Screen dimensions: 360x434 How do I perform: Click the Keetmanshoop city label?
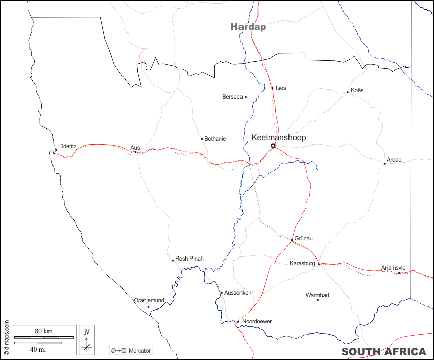278,137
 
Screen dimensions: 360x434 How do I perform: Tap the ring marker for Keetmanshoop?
273,146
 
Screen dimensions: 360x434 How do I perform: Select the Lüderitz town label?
67,146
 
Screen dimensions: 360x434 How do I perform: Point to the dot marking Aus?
135,152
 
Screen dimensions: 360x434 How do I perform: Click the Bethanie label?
215,139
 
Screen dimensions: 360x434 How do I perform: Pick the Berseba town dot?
246,97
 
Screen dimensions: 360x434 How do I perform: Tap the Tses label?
280,88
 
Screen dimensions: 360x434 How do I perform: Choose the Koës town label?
357,90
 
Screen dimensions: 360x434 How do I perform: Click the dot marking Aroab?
384,163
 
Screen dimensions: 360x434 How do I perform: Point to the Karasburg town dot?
319,264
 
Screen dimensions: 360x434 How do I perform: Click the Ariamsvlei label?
394,268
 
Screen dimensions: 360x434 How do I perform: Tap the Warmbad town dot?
318,300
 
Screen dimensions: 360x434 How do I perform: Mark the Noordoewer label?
257,322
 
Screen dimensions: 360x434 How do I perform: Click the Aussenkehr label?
238,293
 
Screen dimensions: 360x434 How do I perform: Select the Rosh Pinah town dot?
173,260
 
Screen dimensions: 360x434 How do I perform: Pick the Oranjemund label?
149,300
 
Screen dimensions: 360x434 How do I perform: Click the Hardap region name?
248,27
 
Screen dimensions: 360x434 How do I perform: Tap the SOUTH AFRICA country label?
383,352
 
